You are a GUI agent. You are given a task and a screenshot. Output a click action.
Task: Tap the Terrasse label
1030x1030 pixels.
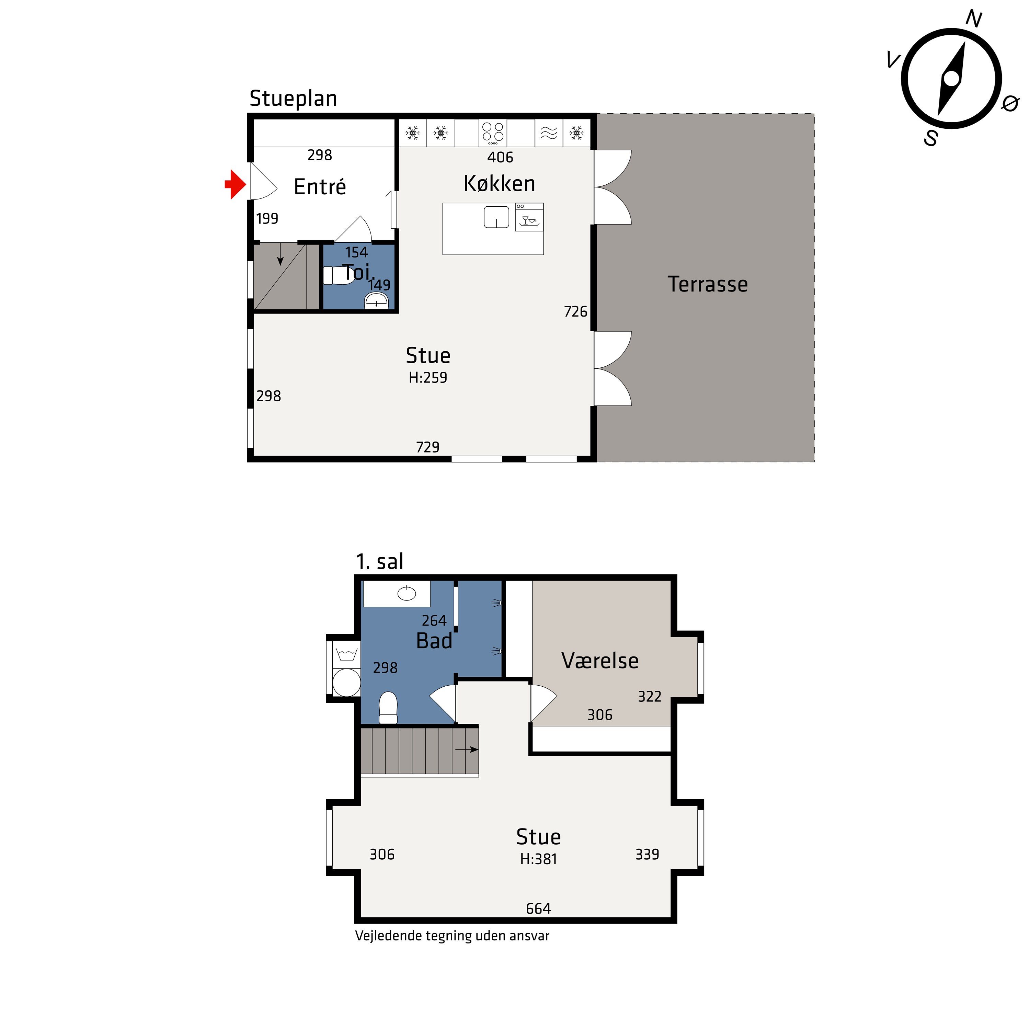tap(708, 284)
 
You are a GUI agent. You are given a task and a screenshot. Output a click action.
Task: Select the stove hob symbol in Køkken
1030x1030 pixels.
tap(493, 133)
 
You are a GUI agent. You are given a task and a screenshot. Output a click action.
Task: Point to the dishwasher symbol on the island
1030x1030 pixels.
tap(529, 217)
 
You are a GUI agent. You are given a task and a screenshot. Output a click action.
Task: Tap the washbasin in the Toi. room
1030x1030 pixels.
tap(376, 301)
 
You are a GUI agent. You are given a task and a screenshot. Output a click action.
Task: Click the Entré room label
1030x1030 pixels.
tap(320, 186)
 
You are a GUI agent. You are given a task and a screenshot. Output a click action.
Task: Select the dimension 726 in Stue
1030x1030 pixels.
tap(576, 311)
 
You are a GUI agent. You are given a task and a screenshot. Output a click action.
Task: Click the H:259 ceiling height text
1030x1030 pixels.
tap(428, 377)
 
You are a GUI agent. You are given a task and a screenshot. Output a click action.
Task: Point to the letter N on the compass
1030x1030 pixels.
tap(974, 19)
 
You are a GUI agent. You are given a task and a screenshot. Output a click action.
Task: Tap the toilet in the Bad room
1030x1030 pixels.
tap(388, 708)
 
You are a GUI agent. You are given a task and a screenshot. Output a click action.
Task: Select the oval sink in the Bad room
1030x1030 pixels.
tap(407, 593)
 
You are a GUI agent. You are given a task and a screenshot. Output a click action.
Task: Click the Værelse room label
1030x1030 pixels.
tap(600, 661)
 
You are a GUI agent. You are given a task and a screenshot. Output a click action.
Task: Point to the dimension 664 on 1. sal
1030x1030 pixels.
tap(538, 908)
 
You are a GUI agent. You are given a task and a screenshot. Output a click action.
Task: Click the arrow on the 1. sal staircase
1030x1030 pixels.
tap(467, 749)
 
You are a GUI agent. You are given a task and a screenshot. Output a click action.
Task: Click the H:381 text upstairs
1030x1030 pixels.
tap(538, 859)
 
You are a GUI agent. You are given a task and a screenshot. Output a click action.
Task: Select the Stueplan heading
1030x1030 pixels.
tap(293, 99)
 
